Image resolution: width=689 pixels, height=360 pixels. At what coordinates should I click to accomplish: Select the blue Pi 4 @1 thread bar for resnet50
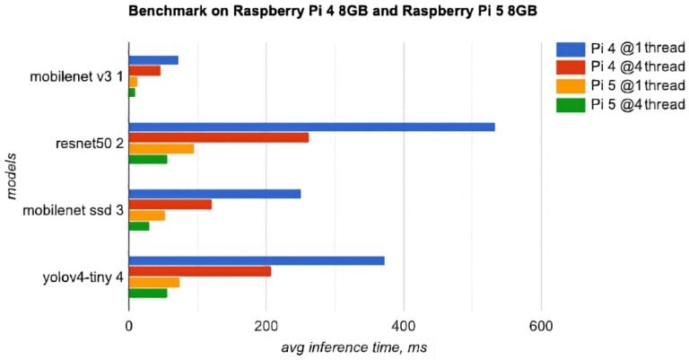click(x=311, y=127)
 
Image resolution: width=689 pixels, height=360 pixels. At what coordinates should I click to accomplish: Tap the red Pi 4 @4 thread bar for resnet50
click(x=218, y=137)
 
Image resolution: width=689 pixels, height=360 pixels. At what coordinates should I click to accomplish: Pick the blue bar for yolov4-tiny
click(x=256, y=260)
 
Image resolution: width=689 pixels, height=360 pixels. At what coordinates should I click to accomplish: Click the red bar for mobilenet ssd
click(x=170, y=205)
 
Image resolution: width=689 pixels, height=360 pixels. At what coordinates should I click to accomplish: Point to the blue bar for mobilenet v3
click(x=153, y=60)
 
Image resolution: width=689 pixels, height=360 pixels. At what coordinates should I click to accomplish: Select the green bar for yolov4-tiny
click(x=147, y=293)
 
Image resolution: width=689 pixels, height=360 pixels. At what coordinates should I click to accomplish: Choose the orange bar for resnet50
click(x=161, y=148)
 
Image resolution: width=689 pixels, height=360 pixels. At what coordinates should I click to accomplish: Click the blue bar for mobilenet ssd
click(x=214, y=194)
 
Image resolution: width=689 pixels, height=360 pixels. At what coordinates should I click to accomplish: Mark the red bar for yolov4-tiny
click(x=199, y=271)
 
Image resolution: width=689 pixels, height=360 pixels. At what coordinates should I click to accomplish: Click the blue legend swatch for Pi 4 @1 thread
click(x=571, y=48)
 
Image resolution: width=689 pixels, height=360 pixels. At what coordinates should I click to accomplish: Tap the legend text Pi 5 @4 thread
click(x=638, y=105)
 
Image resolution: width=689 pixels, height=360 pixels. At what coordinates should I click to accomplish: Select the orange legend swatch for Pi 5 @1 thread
click(x=571, y=86)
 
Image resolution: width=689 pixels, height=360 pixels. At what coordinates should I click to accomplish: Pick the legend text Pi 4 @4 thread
click(x=638, y=67)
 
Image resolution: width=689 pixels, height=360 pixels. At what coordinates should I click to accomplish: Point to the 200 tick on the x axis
click(x=266, y=325)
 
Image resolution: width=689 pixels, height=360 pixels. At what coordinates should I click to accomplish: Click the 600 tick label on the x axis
click(x=540, y=325)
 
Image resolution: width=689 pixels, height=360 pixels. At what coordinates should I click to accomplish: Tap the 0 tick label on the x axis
click(x=128, y=325)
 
